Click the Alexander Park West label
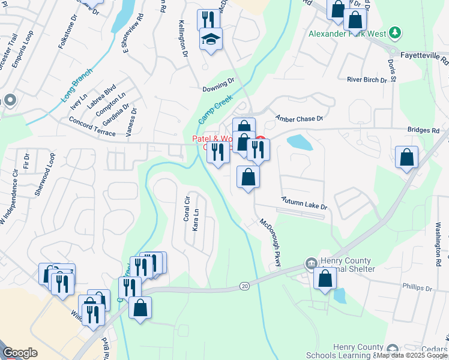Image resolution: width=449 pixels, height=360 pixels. [347, 34]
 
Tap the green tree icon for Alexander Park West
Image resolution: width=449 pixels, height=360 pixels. [394, 32]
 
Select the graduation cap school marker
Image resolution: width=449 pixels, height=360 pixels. [211, 40]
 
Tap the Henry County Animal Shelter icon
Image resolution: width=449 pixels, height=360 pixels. [312, 263]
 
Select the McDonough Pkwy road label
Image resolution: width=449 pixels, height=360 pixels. [270, 247]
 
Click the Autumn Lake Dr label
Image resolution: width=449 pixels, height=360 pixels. [305, 203]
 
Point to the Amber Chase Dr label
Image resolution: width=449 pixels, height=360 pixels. [299, 118]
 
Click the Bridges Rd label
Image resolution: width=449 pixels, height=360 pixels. [424, 130]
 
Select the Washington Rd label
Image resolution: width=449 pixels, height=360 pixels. [438, 244]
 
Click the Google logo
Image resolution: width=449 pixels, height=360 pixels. [20, 353]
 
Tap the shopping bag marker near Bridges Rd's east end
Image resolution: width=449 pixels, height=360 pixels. [406, 158]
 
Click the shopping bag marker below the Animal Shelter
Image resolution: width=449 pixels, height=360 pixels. [325, 278]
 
